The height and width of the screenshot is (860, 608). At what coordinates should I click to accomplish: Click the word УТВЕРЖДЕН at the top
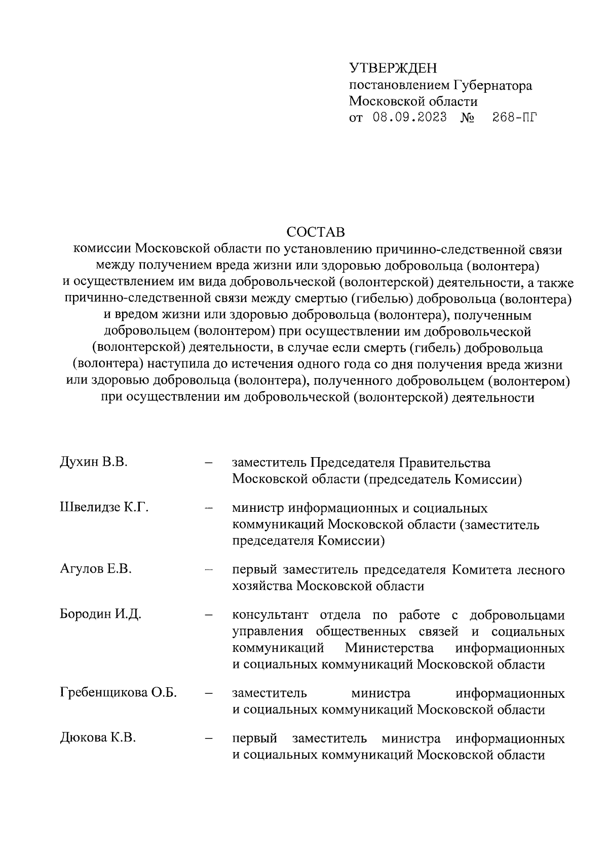tap(393, 68)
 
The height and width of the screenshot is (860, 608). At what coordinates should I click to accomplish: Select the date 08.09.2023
tap(409, 118)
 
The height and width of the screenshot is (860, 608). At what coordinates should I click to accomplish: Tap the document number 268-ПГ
tap(514, 118)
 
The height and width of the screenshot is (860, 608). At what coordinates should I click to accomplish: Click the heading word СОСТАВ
tap(315, 232)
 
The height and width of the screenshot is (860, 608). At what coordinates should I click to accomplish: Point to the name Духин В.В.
tap(93, 462)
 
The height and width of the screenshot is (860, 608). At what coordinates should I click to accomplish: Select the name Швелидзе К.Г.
tap(104, 507)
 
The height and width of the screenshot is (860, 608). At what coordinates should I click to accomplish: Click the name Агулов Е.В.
tap(96, 569)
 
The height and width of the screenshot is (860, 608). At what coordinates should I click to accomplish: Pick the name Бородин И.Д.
tap(100, 614)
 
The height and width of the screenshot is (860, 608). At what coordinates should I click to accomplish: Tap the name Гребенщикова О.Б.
tap(118, 692)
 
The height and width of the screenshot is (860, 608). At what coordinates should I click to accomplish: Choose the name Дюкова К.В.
tap(98, 738)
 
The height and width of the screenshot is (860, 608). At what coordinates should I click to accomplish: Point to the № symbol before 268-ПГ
tap(467, 118)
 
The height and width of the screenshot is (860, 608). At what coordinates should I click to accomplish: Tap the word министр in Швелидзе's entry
tap(256, 508)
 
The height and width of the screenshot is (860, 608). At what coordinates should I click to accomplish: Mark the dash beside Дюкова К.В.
tap(208, 739)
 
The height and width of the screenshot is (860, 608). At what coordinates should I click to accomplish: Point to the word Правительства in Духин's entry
tap(445, 463)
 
